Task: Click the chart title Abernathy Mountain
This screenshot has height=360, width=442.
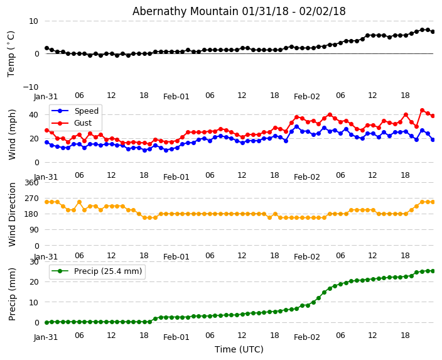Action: click(x=239, y=11)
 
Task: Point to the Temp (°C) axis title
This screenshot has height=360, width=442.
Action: click(x=11, y=53)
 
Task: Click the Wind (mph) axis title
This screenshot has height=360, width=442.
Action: click(x=12, y=134)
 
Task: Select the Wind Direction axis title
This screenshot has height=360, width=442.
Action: click(x=12, y=214)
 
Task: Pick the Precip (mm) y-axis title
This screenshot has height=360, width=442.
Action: click(x=12, y=293)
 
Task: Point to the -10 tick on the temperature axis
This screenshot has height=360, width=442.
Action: click(x=30, y=87)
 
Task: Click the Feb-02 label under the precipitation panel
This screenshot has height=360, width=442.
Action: click(x=307, y=337)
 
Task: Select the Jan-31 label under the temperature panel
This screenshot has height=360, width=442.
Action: click(x=46, y=97)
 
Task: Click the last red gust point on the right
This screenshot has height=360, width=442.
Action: click(x=433, y=116)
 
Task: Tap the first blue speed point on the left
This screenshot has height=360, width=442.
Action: click(x=46, y=142)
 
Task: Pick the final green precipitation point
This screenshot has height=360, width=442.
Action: click(x=433, y=271)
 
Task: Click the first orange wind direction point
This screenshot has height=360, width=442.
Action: click(x=46, y=202)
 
